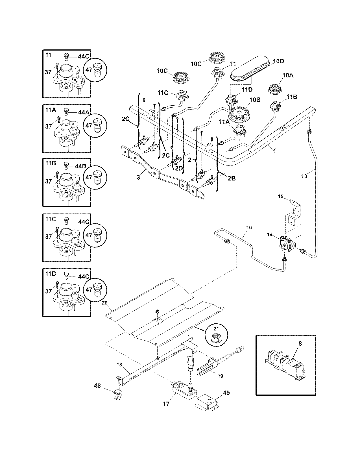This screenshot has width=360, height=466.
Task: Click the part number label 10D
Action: tap(279, 61)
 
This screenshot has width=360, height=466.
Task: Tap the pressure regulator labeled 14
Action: tap(286, 243)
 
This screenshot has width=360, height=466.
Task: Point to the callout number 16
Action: tap(249, 227)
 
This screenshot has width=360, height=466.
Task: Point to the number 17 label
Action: tap(166, 404)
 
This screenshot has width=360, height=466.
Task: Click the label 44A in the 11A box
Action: tap(84, 112)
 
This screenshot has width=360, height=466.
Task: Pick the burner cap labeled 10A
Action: tap(274, 90)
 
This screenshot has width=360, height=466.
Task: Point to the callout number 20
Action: tap(105, 302)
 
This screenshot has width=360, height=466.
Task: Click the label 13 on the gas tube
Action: tap(304, 176)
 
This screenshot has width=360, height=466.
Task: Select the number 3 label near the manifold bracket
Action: tap(138, 178)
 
